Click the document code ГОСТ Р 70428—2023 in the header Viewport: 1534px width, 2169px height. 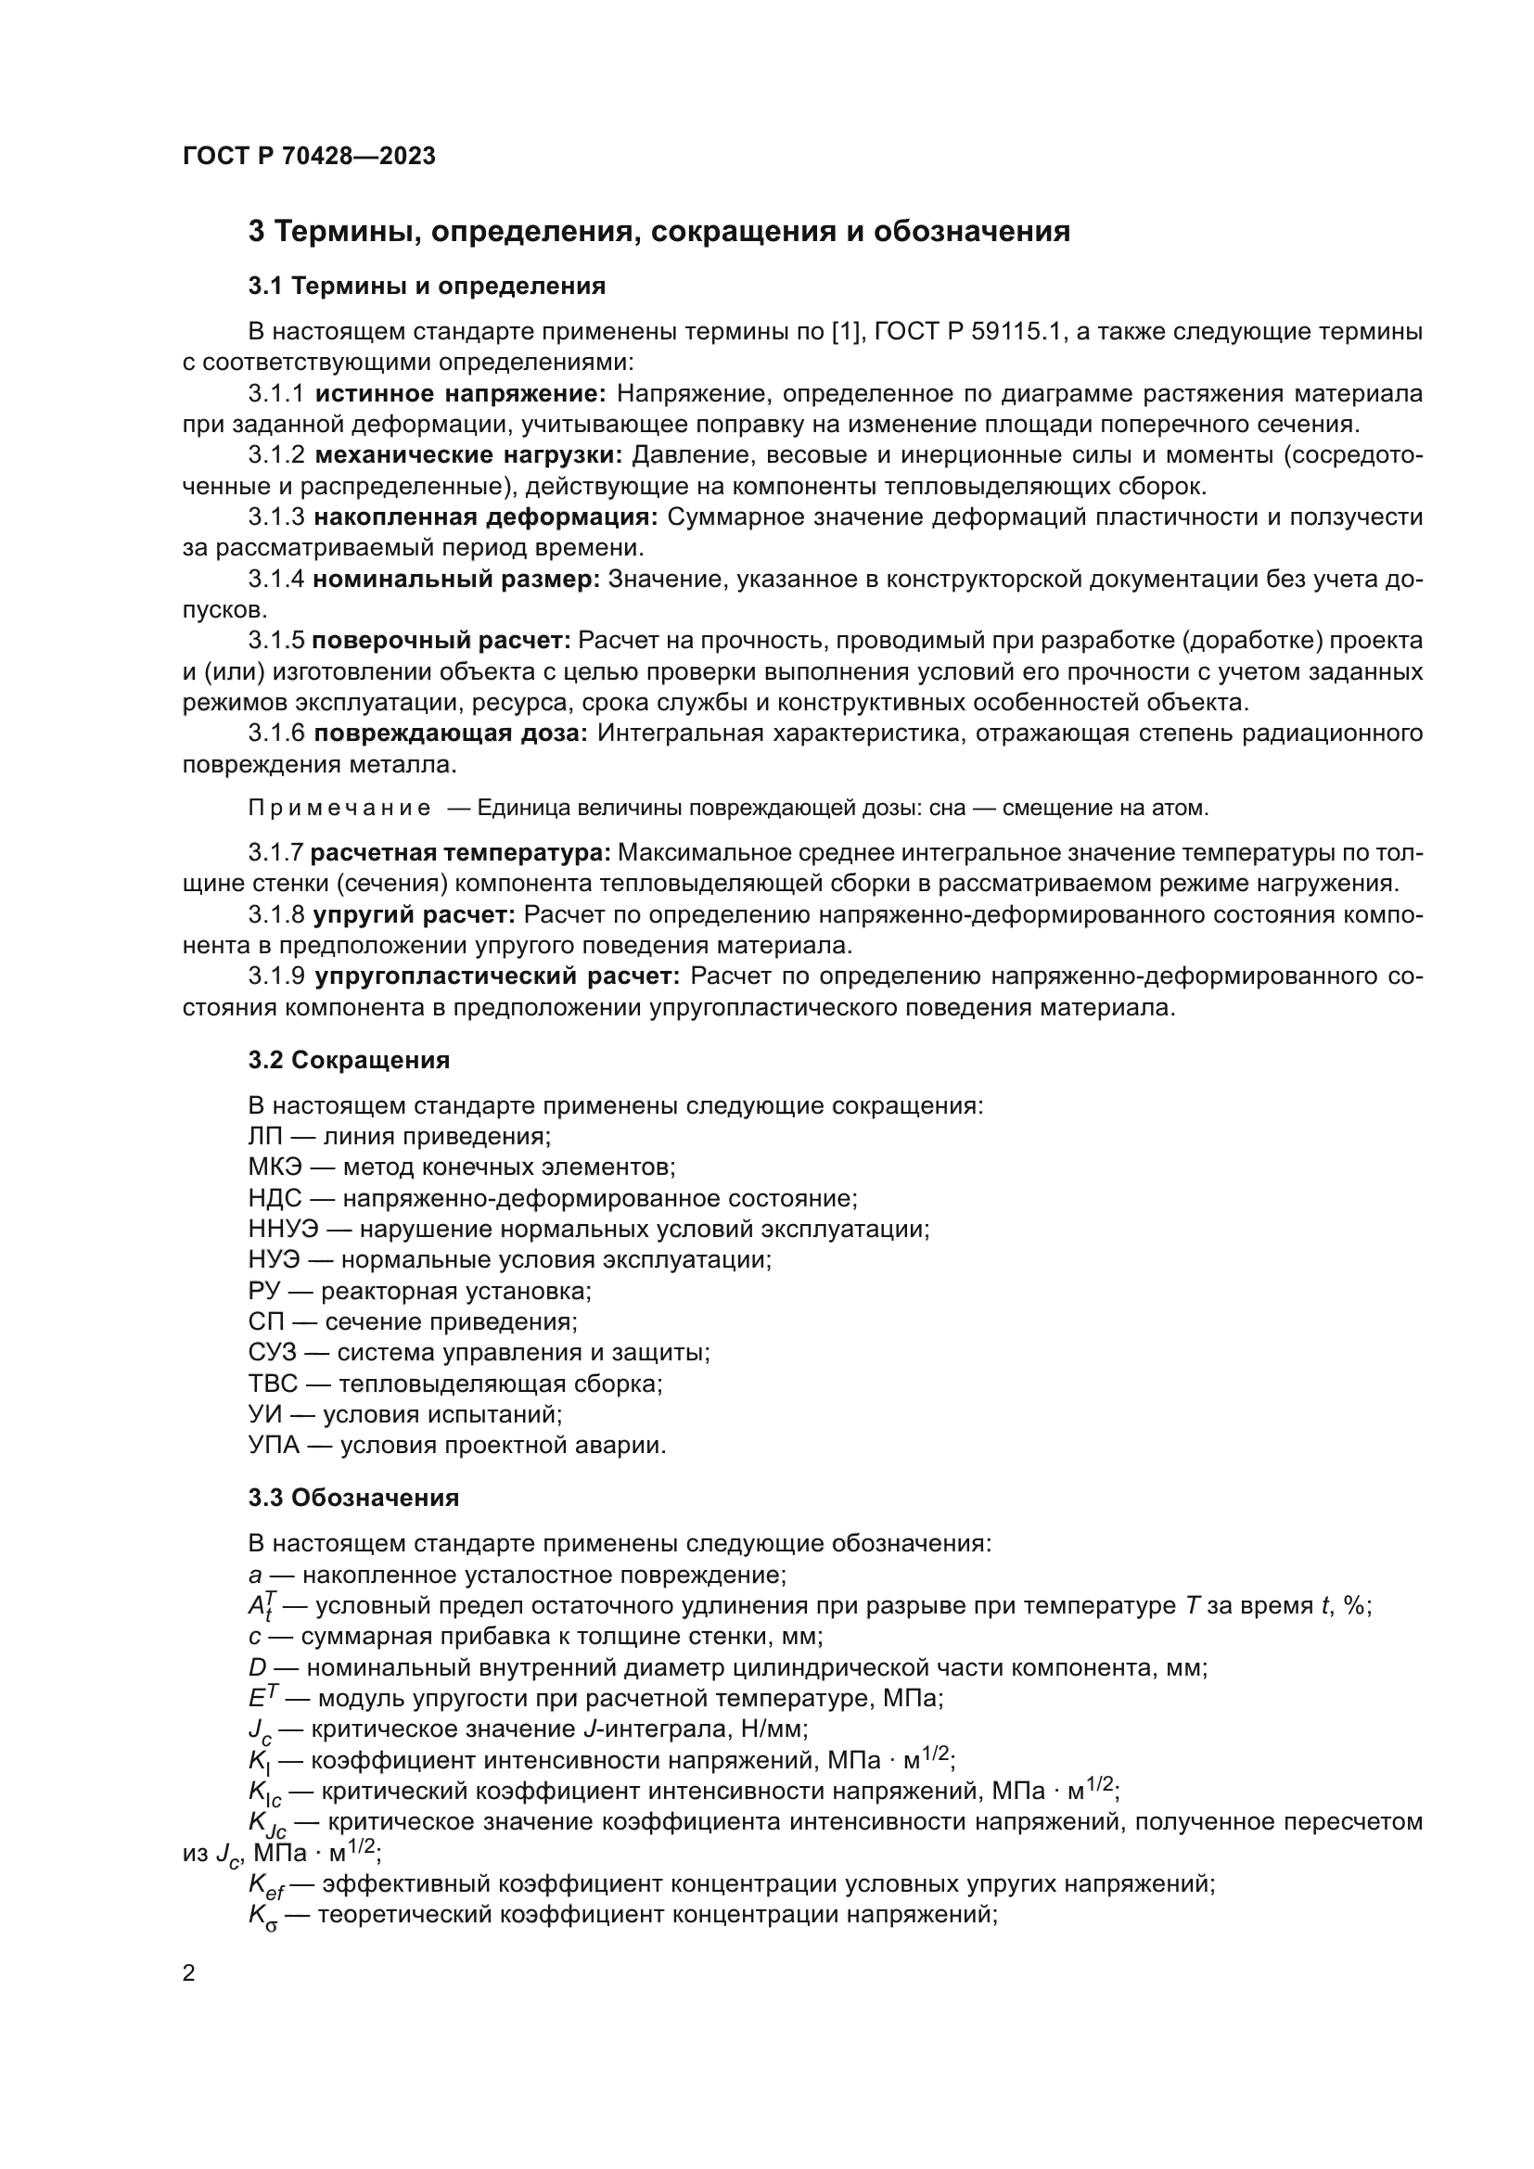point(309,157)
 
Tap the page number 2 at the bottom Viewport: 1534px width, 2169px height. point(189,1972)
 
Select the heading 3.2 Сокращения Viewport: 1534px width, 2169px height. point(349,1060)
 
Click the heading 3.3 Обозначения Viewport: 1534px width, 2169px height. point(353,1498)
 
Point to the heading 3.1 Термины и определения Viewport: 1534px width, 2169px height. point(426,286)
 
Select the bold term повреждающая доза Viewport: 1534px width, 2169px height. point(450,734)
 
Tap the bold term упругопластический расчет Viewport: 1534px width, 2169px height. point(497,976)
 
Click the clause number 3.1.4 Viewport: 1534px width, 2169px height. point(275,579)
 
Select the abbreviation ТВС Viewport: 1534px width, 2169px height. point(273,1384)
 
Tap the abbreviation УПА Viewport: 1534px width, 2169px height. point(275,1446)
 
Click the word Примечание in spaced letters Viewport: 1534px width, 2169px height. point(339,809)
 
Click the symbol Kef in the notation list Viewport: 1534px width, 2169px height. point(265,1883)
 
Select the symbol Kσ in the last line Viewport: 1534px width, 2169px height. point(262,1916)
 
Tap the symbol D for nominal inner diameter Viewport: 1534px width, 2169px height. point(257,1667)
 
